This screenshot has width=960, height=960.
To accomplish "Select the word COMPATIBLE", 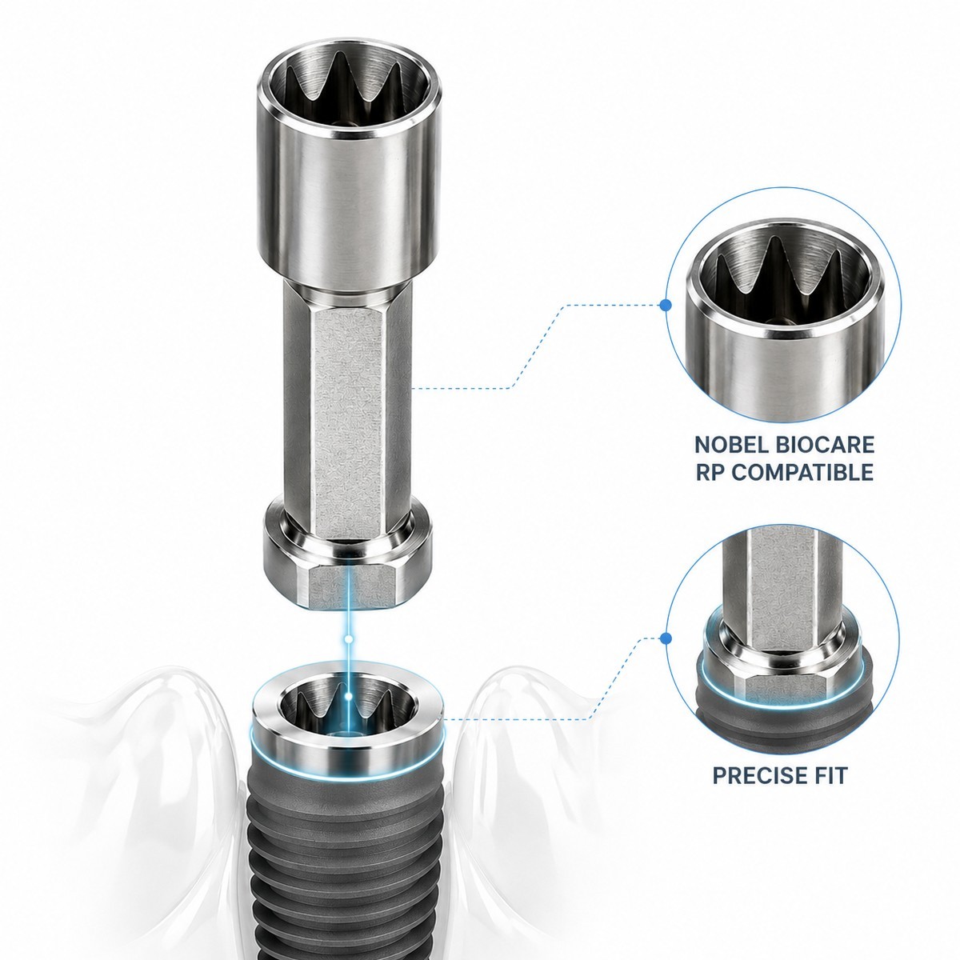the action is (x=803, y=472).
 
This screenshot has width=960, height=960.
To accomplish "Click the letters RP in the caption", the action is (x=711, y=472).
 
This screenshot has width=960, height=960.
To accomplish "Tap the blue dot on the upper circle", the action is (x=665, y=305).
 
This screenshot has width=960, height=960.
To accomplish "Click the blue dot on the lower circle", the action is (x=665, y=638).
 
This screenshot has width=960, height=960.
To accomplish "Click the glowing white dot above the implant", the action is (x=348, y=638).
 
